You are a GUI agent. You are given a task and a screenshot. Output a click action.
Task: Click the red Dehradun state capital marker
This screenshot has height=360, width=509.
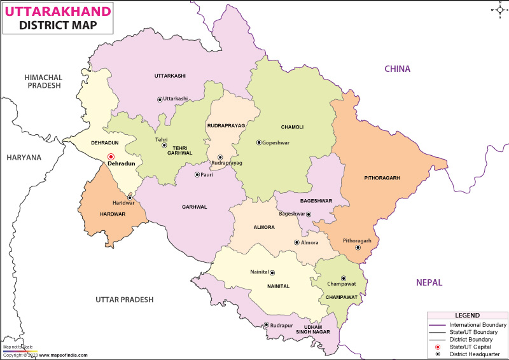(x=110, y=156)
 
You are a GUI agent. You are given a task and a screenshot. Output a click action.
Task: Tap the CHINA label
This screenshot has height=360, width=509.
(x=396, y=69)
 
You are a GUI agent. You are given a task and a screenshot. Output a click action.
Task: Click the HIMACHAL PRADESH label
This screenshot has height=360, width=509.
(x=43, y=81)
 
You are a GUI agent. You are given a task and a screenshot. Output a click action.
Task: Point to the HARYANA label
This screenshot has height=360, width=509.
(x=24, y=157)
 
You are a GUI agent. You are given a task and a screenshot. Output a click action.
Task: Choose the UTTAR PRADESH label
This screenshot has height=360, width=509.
(x=125, y=299)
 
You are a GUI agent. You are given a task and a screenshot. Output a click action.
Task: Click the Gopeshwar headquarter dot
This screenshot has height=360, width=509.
(x=258, y=142)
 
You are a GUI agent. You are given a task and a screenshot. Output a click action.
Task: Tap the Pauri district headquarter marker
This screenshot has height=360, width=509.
(x=197, y=174)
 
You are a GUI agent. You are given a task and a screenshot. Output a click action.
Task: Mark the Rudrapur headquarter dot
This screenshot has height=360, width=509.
(x=266, y=326)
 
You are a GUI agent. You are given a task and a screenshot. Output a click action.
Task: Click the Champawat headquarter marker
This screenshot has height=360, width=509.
(x=344, y=278)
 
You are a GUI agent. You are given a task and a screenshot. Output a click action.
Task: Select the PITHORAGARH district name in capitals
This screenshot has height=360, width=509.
(x=382, y=178)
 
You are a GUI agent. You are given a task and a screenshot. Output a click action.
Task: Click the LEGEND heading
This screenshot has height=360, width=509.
(x=466, y=316)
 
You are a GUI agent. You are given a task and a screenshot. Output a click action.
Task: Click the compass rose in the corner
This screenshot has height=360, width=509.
(x=496, y=10)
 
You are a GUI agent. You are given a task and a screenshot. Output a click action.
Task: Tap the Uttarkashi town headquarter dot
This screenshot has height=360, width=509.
(x=160, y=99)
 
